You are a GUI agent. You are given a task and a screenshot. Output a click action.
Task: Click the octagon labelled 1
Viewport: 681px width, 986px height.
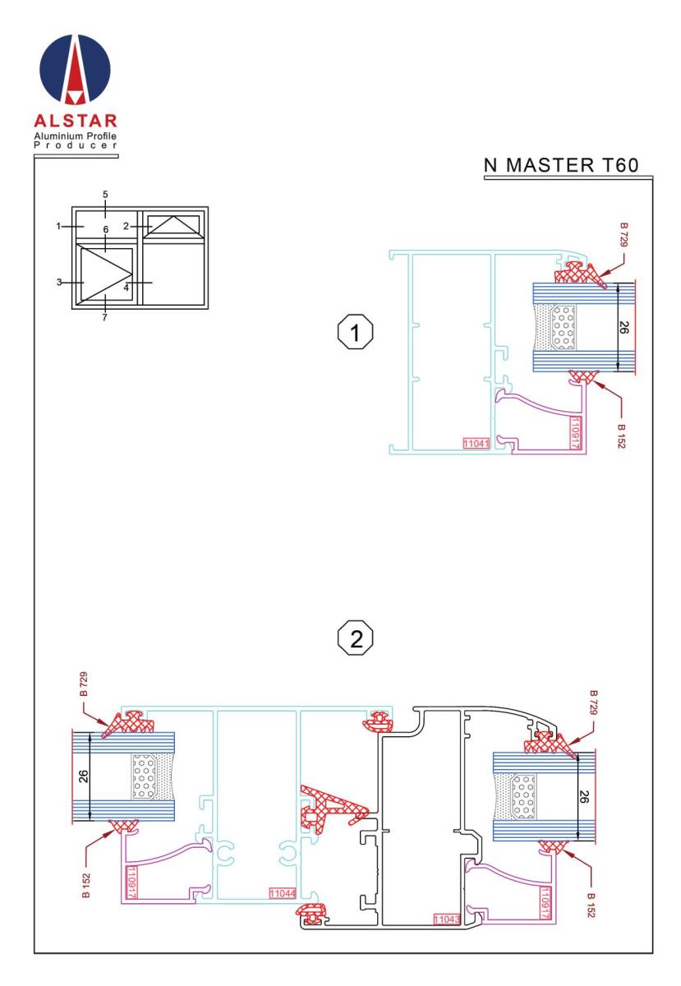point(355,334)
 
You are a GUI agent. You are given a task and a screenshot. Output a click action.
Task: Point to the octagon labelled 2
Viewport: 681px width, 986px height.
point(355,638)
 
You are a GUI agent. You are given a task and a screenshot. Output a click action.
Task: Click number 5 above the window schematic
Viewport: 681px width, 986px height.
point(105,195)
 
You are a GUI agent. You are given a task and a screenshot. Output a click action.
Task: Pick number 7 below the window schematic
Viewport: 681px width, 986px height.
point(105,317)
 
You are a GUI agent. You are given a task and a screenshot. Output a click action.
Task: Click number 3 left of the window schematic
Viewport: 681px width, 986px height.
point(60,283)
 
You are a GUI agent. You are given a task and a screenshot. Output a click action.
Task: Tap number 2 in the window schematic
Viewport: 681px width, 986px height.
point(127,225)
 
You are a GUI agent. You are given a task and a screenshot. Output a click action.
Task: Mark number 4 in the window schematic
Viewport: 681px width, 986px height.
point(127,288)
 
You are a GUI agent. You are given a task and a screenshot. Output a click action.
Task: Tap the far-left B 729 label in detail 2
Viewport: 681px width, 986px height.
point(85,687)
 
